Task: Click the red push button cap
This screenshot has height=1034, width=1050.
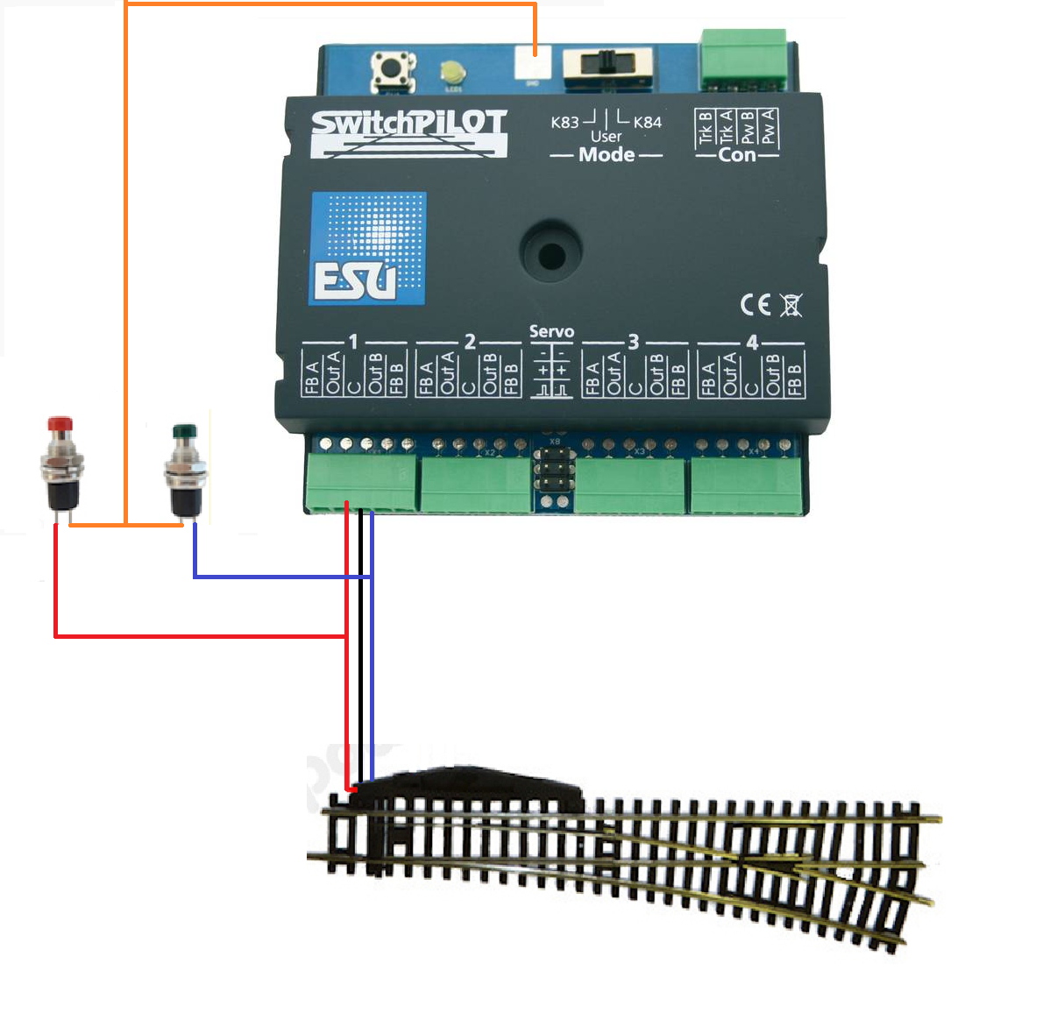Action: point(59,425)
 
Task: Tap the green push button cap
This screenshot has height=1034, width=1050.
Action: point(183,431)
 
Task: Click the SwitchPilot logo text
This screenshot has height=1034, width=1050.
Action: point(409,125)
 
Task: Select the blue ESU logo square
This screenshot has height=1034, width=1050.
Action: point(367,249)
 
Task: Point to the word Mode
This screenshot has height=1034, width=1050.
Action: point(607,155)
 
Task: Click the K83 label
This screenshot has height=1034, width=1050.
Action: point(565,123)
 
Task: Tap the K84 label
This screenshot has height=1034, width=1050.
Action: point(648,123)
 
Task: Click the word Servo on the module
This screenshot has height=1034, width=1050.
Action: point(551,332)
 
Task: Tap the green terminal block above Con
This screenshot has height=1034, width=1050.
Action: point(743,60)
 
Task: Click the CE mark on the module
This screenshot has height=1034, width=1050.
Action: point(755,305)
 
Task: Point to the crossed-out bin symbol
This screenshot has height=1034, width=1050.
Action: point(791,305)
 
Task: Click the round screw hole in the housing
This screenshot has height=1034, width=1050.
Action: point(551,255)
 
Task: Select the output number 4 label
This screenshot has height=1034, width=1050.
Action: point(751,343)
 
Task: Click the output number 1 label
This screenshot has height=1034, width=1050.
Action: point(353,342)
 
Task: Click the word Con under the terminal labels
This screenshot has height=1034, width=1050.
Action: point(736,155)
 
